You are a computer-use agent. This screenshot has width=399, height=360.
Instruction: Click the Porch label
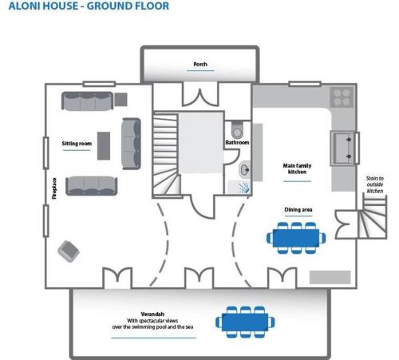[200, 64]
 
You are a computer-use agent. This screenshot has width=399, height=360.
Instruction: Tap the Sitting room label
[77, 144]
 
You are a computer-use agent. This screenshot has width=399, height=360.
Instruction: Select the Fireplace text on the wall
[54, 188]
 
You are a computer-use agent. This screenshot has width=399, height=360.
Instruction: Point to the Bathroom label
[237, 142]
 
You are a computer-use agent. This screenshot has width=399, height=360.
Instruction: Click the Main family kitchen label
[297, 168]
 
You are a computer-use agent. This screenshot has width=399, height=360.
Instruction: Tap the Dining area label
[298, 210]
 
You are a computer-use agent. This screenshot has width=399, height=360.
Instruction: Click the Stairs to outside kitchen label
[375, 184]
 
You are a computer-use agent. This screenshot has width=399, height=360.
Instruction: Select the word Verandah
[152, 314]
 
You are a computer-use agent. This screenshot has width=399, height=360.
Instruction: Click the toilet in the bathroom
[237, 129]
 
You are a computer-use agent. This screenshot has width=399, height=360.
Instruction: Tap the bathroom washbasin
[245, 169]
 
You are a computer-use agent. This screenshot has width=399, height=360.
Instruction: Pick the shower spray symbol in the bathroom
[244, 187]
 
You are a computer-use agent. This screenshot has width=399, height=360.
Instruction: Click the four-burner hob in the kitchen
[342, 97]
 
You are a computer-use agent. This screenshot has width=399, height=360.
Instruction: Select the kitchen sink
[344, 148]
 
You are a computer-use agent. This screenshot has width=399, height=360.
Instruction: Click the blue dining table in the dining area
[296, 238]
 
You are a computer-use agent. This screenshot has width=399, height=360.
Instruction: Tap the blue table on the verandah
[245, 322]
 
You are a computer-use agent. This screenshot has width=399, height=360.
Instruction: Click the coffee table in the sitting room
[104, 146]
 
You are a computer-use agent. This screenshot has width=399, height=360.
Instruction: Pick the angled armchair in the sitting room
[69, 251]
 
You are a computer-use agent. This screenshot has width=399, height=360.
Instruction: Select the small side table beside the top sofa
[121, 99]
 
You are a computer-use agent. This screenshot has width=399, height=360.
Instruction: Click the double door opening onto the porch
[200, 94]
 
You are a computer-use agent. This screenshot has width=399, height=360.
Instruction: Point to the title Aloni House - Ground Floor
[89, 6]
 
